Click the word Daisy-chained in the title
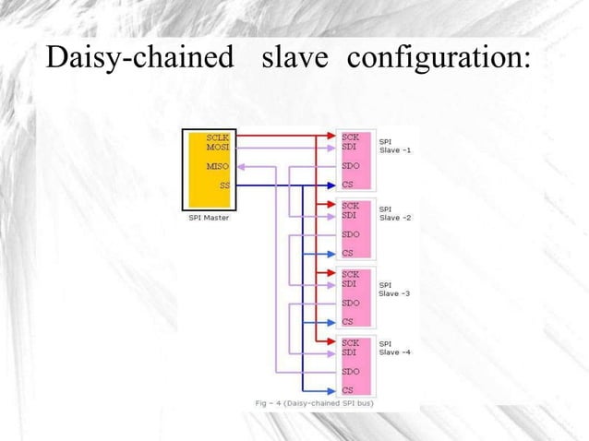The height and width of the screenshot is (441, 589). point(139,60)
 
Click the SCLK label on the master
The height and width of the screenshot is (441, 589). point(219,136)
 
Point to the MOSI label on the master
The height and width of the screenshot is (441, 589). point(219,146)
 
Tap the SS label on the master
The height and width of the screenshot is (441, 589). point(224,185)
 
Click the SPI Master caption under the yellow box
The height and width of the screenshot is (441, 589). point(202,218)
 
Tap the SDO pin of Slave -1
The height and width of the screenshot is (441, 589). point(351,166)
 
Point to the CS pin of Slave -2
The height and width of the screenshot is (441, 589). point(347,253)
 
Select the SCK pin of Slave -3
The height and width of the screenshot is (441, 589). point(351,273)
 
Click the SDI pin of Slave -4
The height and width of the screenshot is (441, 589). point(350,352)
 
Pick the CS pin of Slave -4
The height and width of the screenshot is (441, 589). point(347,390)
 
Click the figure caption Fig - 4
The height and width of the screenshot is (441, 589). point(314,403)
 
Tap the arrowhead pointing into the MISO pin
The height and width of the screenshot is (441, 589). point(240,166)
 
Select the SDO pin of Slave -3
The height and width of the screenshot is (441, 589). point(351,303)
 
